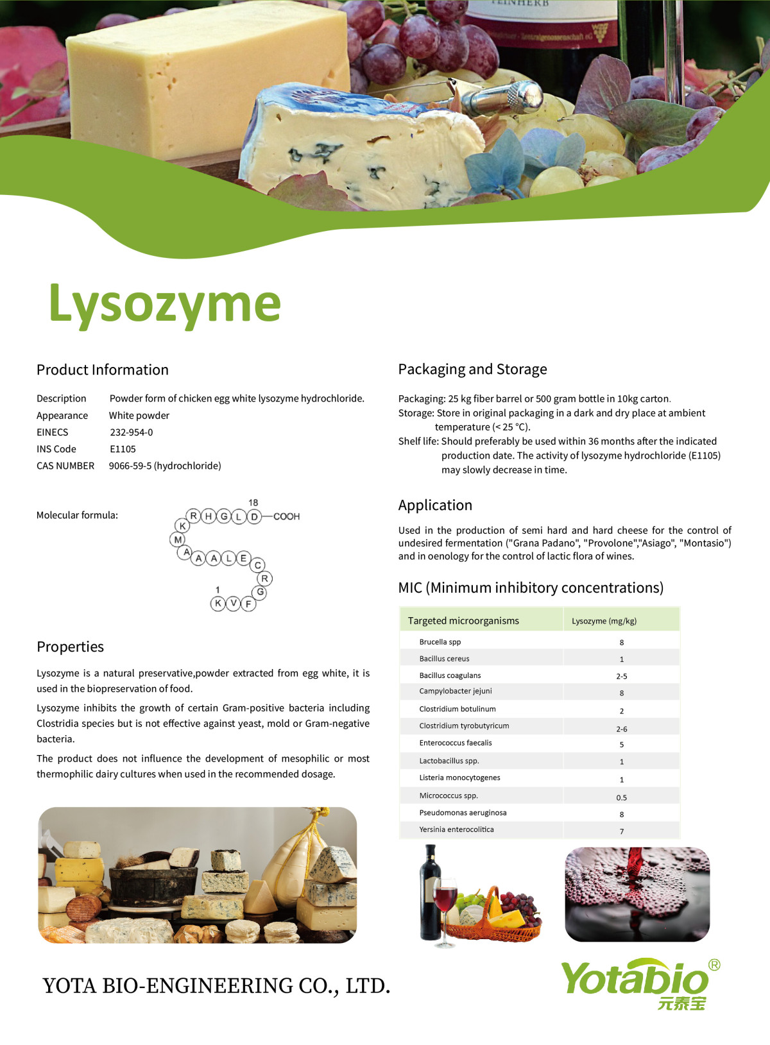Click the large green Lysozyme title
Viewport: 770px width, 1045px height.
(x=165, y=304)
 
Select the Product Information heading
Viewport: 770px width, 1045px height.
(x=103, y=370)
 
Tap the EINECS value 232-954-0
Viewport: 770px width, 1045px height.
(x=132, y=432)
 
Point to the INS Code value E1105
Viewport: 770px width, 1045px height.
(x=123, y=449)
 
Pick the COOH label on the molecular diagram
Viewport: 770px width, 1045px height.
(x=286, y=516)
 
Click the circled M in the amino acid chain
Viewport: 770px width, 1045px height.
(x=178, y=539)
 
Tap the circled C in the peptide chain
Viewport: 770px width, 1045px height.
(x=258, y=565)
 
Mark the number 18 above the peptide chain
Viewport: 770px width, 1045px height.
(x=253, y=503)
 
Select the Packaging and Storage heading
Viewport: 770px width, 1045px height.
(x=472, y=369)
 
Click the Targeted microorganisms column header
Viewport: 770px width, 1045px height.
(x=463, y=621)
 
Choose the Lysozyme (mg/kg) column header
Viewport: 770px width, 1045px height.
(x=604, y=621)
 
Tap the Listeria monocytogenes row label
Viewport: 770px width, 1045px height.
(x=459, y=777)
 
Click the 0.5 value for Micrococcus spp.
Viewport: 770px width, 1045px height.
(x=621, y=797)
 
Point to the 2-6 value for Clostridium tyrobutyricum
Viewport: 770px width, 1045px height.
(x=621, y=729)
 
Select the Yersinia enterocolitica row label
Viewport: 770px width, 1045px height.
(x=456, y=829)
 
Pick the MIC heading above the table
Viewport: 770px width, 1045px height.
(x=531, y=588)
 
